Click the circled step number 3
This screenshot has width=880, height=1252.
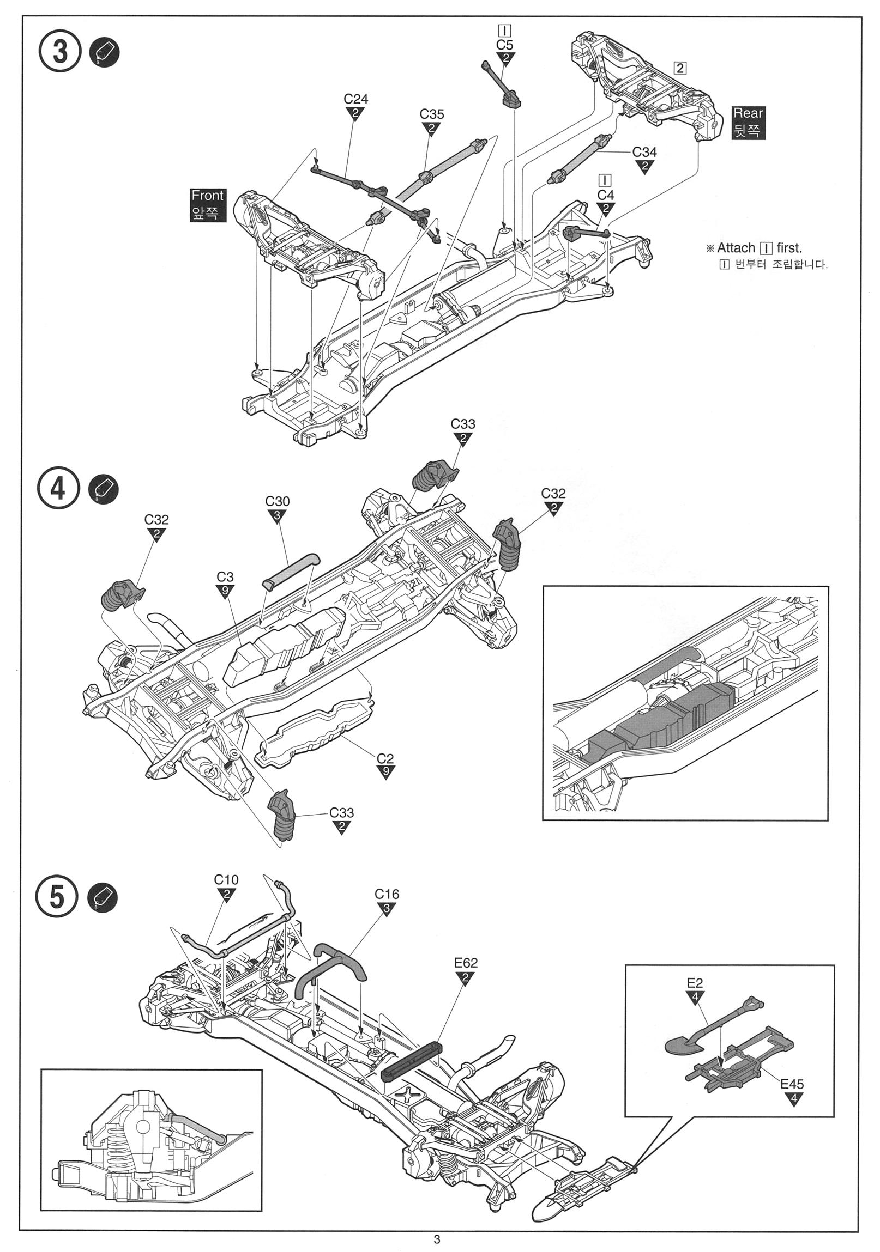59,53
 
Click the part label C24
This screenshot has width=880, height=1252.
355,99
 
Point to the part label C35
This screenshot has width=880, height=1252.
431,114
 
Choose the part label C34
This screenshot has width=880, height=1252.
644,152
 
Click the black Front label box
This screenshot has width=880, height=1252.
207,204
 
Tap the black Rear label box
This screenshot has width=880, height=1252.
748,121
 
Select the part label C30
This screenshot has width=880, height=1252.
277,501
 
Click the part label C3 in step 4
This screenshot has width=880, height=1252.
225,577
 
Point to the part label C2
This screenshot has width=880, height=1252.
385,758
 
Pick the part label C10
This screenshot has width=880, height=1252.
226,879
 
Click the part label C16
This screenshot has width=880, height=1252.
387,894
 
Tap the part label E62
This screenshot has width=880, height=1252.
466,963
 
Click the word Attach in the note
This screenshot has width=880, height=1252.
736,248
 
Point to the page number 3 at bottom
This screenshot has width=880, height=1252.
436,1239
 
